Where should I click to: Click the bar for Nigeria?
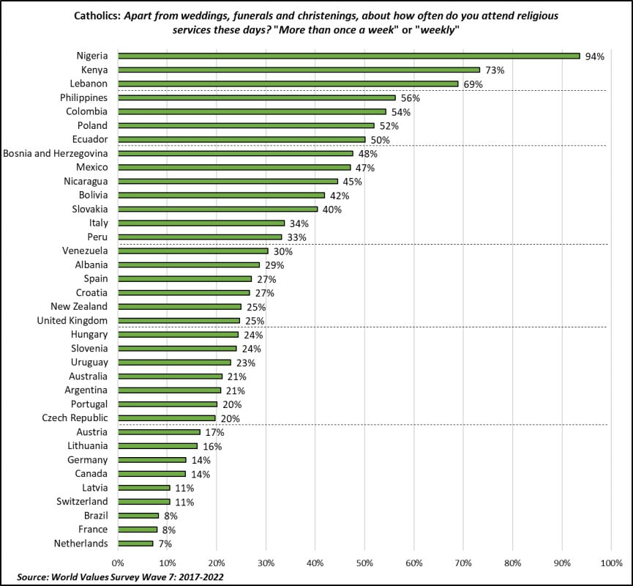348,56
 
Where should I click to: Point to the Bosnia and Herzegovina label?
56,153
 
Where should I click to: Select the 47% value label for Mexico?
365,168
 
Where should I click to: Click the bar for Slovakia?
217,209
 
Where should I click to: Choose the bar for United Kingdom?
179,320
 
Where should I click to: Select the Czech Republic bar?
166,418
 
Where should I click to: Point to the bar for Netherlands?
135,544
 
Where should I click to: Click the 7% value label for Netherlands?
165,544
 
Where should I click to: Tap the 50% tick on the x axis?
364,563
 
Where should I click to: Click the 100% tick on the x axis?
610,563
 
